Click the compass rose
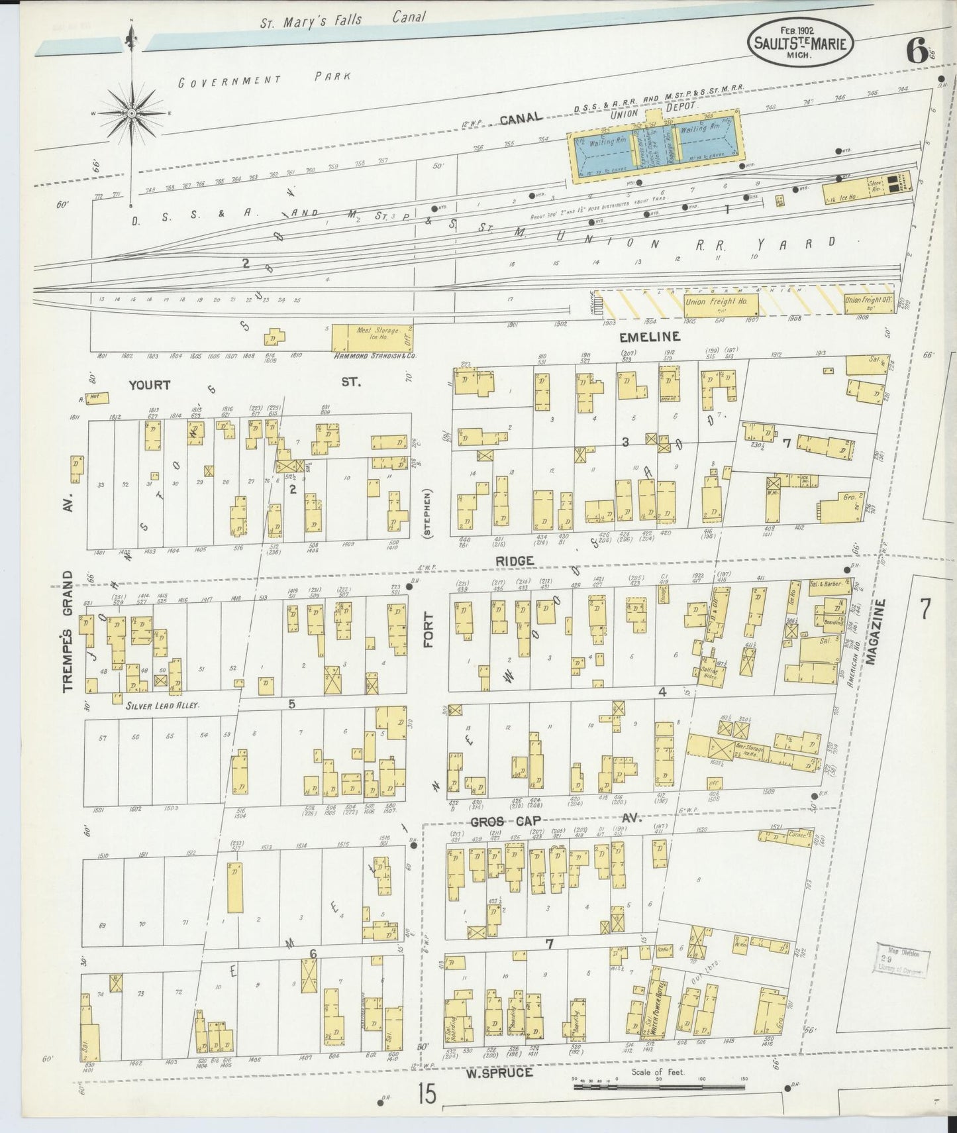[x=132, y=114]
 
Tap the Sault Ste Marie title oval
[x=801, y=42]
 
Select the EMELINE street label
[x=649, y=337]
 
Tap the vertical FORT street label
[x=428, y=630]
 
